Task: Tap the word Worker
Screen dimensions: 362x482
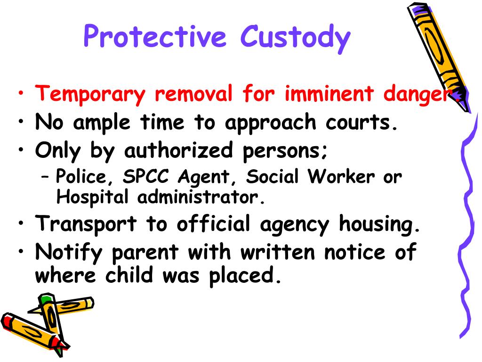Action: point(342,177)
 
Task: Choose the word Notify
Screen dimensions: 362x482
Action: point(70,252)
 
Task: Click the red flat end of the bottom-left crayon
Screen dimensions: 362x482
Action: point(6,322)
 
